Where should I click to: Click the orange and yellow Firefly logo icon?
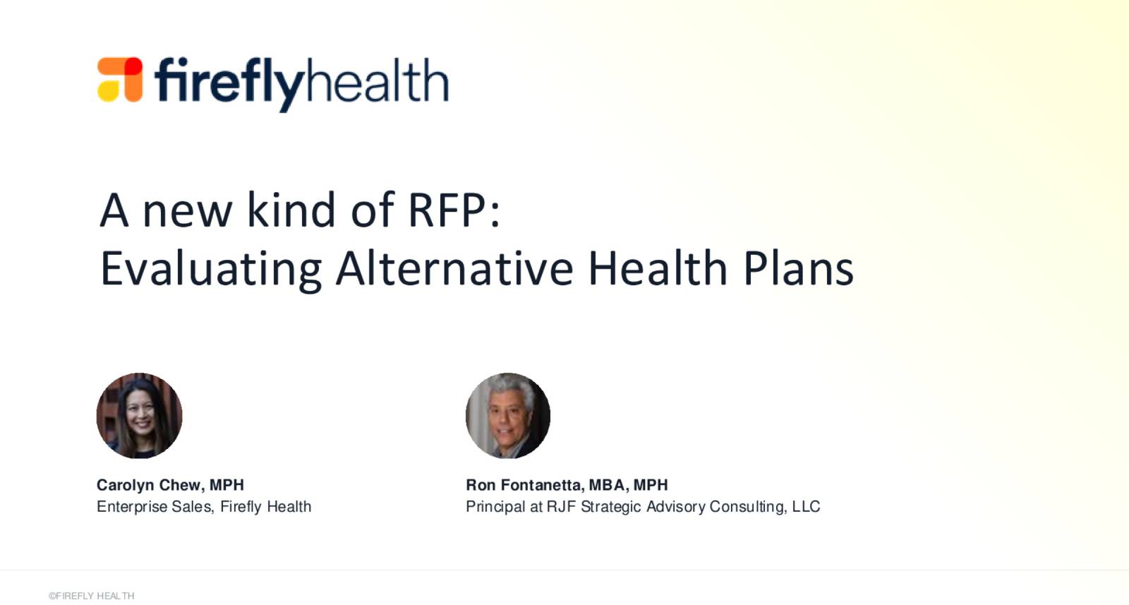(120, 79)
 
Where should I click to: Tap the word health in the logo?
(377, 80)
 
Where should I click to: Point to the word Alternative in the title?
(454, 268)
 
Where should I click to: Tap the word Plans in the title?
(798, 268)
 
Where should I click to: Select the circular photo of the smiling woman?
(139, 416)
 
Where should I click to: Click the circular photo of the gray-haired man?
(508, 416)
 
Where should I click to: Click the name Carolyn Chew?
(149, 485)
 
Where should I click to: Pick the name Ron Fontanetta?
(523, 485)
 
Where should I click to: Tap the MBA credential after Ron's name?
(607, 485)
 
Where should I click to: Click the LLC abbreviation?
(806, 506)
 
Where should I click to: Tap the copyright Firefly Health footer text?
(91, 596)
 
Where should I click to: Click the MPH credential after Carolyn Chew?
(227, 485)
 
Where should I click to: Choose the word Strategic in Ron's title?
(611, 506)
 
